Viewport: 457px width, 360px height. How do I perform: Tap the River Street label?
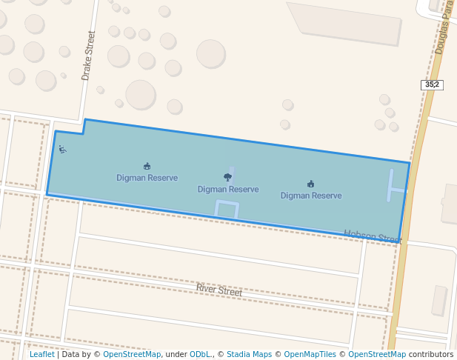(x=219, y=290)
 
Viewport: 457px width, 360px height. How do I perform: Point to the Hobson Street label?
(x=373, y=237)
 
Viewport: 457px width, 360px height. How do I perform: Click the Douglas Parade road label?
(x=444, y=30)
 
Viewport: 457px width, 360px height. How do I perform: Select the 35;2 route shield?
(x=432, y=84)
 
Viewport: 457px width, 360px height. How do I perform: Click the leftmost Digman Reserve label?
(x=147, y=178)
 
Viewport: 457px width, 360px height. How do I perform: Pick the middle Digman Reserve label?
(x=228, y=190)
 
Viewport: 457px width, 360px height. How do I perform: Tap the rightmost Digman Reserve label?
(x=311, y=196)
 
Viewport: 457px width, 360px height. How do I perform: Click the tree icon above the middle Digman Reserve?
(x=227, y=177)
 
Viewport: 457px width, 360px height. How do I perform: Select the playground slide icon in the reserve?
(x=62, y=150)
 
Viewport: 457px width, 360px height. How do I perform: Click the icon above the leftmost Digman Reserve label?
(x=147, y=166)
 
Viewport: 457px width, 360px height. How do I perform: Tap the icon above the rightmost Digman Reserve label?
(x=310, y=184)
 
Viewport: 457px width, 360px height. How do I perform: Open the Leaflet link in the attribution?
(x=41, y=355)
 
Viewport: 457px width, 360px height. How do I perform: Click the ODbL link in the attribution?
(x=200, y=355)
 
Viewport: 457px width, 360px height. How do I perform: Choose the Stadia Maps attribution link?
(x=249, y=355)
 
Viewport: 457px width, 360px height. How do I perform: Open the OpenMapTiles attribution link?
(x=310, y=355)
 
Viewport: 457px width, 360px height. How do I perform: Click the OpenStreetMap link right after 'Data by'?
(x=132, y=355)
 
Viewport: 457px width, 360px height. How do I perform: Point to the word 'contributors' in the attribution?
(x=431, y=355)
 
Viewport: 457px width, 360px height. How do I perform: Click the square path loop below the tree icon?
(x=227, y=209)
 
